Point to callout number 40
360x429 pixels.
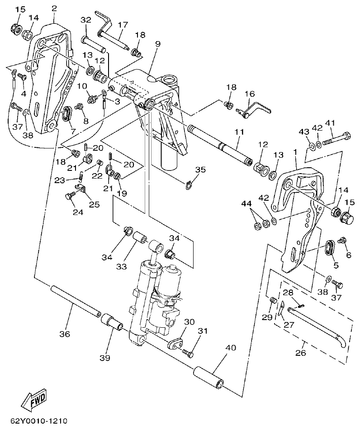[x=231, y=348]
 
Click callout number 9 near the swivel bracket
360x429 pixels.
[x=157, y=44]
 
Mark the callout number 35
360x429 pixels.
[x=200, y=170]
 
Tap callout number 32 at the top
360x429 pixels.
[x=86, y=20]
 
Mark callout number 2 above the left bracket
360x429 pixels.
[x=54, y=8]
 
